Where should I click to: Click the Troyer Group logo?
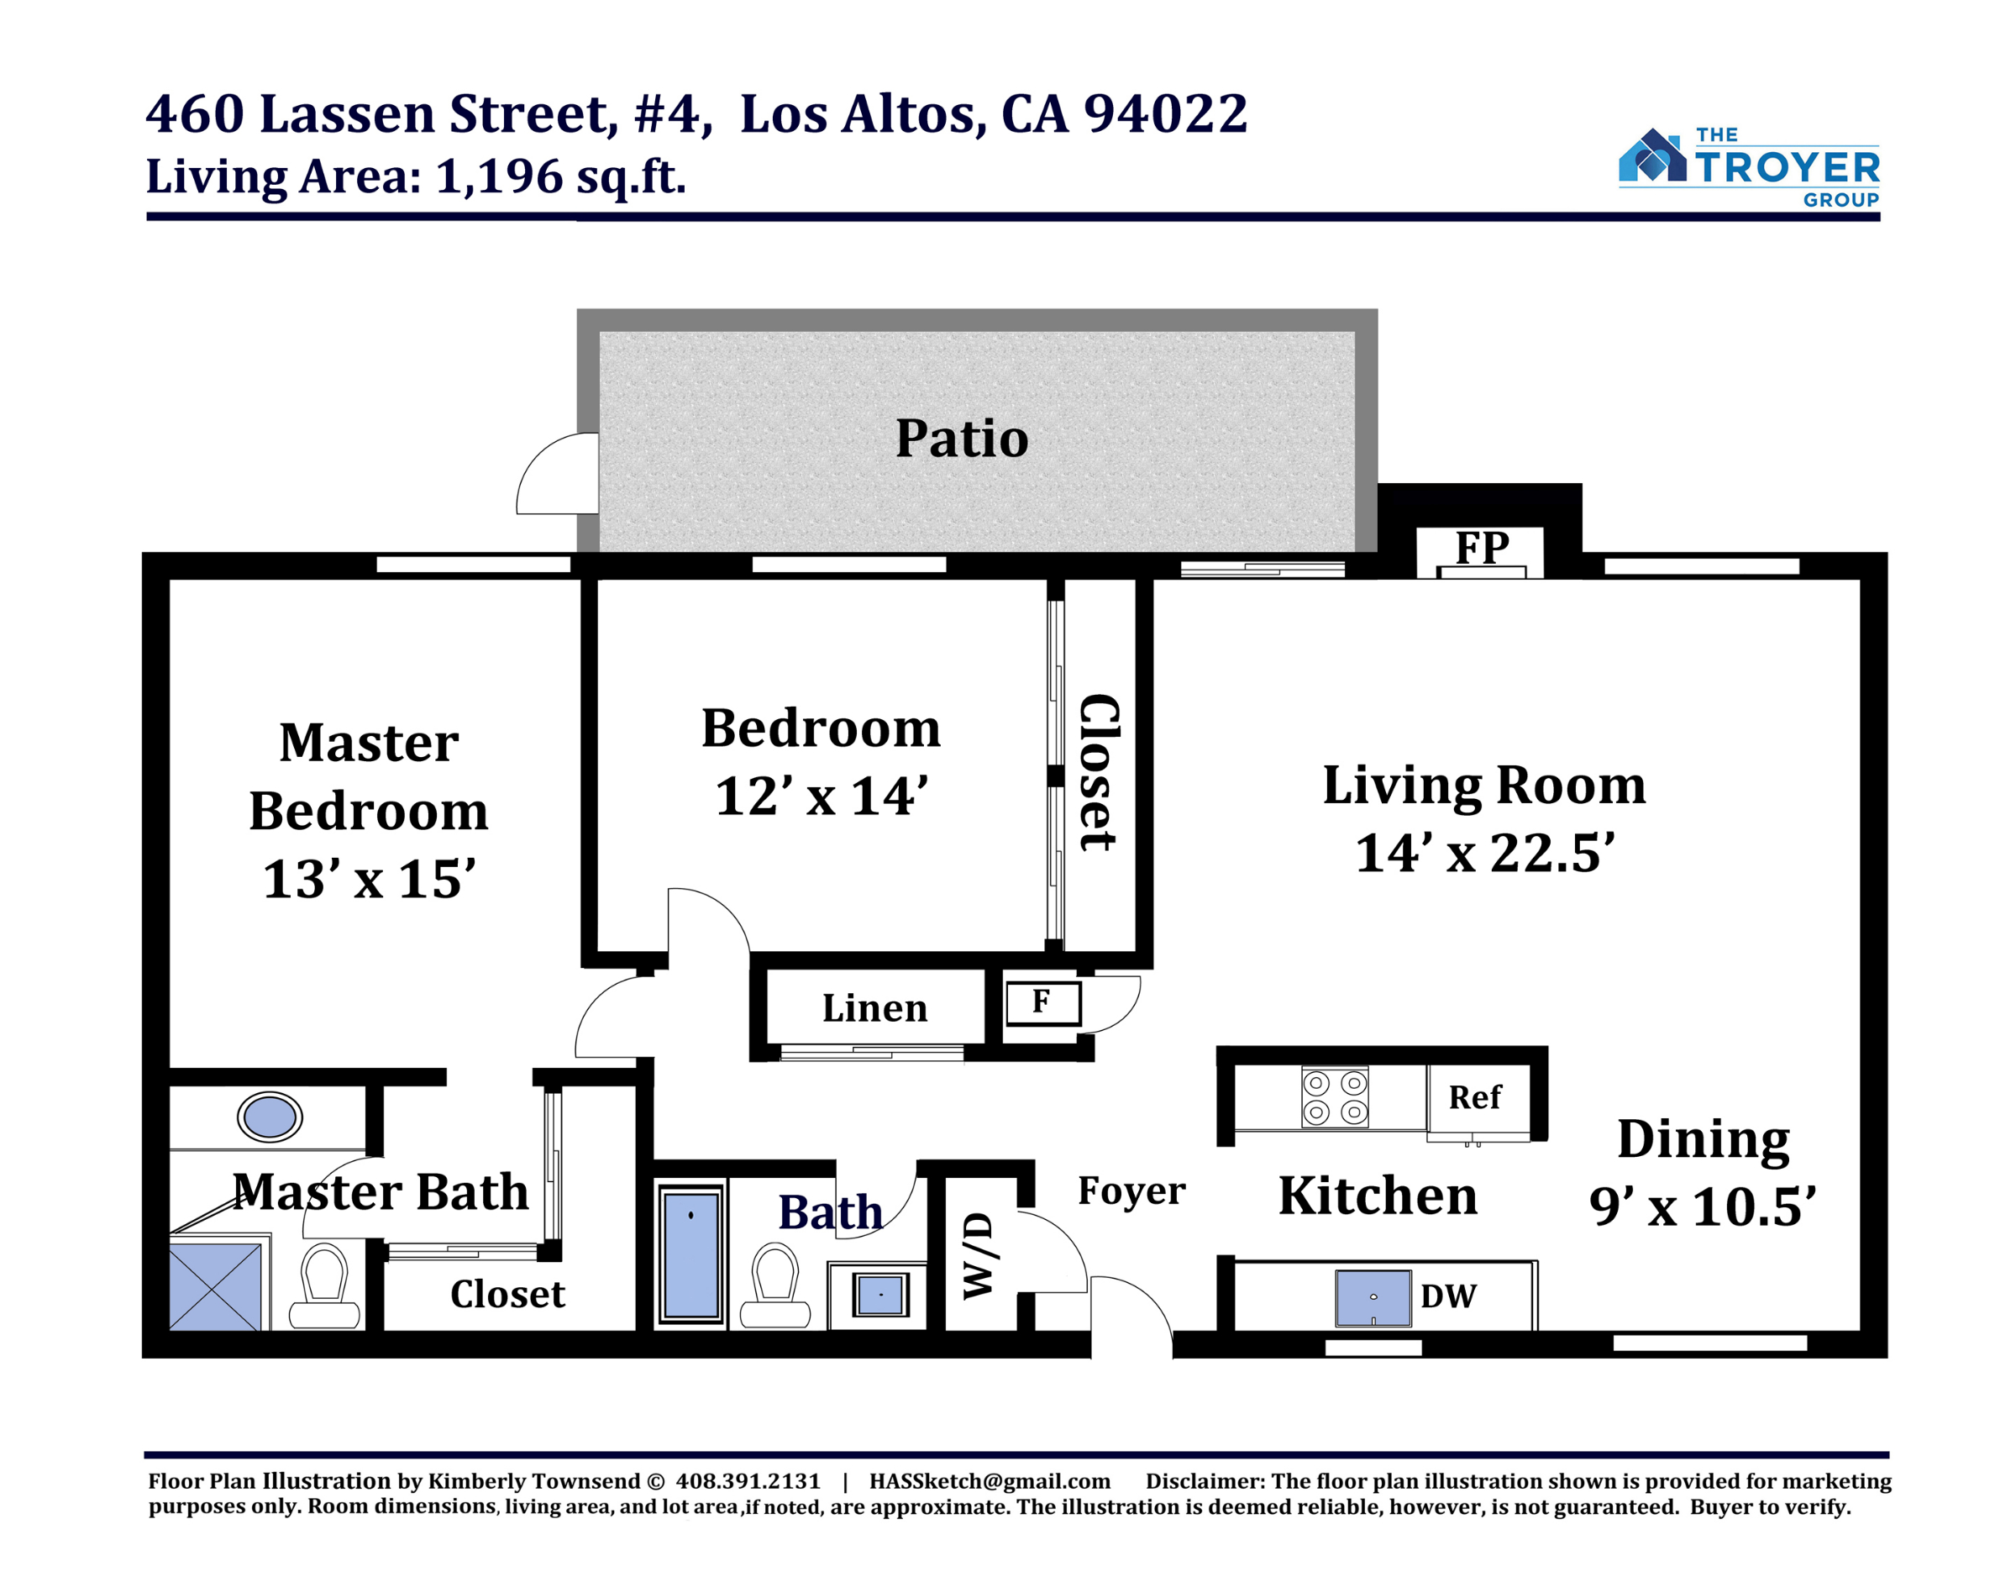pyautogui.click(x=1748, y=168)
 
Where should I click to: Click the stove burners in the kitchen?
pyautogui.click(x=1335, y=1097)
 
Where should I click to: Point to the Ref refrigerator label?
pyautogui.click(x=1474, y=1097)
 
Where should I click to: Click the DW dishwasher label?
pyautogui.click(x=1448, y=1296)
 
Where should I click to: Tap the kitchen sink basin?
pyautogui.click(x=1373, y=1298)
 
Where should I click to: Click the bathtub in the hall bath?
pyautogui.click(x=691, y=1254)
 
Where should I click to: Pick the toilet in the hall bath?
pyautogui.click(x=775, y=1285)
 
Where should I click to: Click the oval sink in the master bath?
pyautogui.click(x=270, y=1117)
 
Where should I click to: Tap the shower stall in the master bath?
pyautogui.click(x=215, y=1286)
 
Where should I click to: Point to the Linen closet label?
pyautogui.click(x=875, y=1008)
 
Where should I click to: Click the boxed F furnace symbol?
pyautogui.click(x=1043, y=1004)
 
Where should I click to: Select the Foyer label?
pyautogui.click(x=1131, y=1191)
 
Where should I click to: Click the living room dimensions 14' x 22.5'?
pyautogui.click(x=1485, y=852)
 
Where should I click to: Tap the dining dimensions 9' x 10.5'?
pyautogui.click(x=1703, y=1206)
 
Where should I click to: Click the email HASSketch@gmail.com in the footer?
pyautogui.click(x=990, y=1481)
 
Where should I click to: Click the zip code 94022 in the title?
pyautogui.click(x=1166, y=113)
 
